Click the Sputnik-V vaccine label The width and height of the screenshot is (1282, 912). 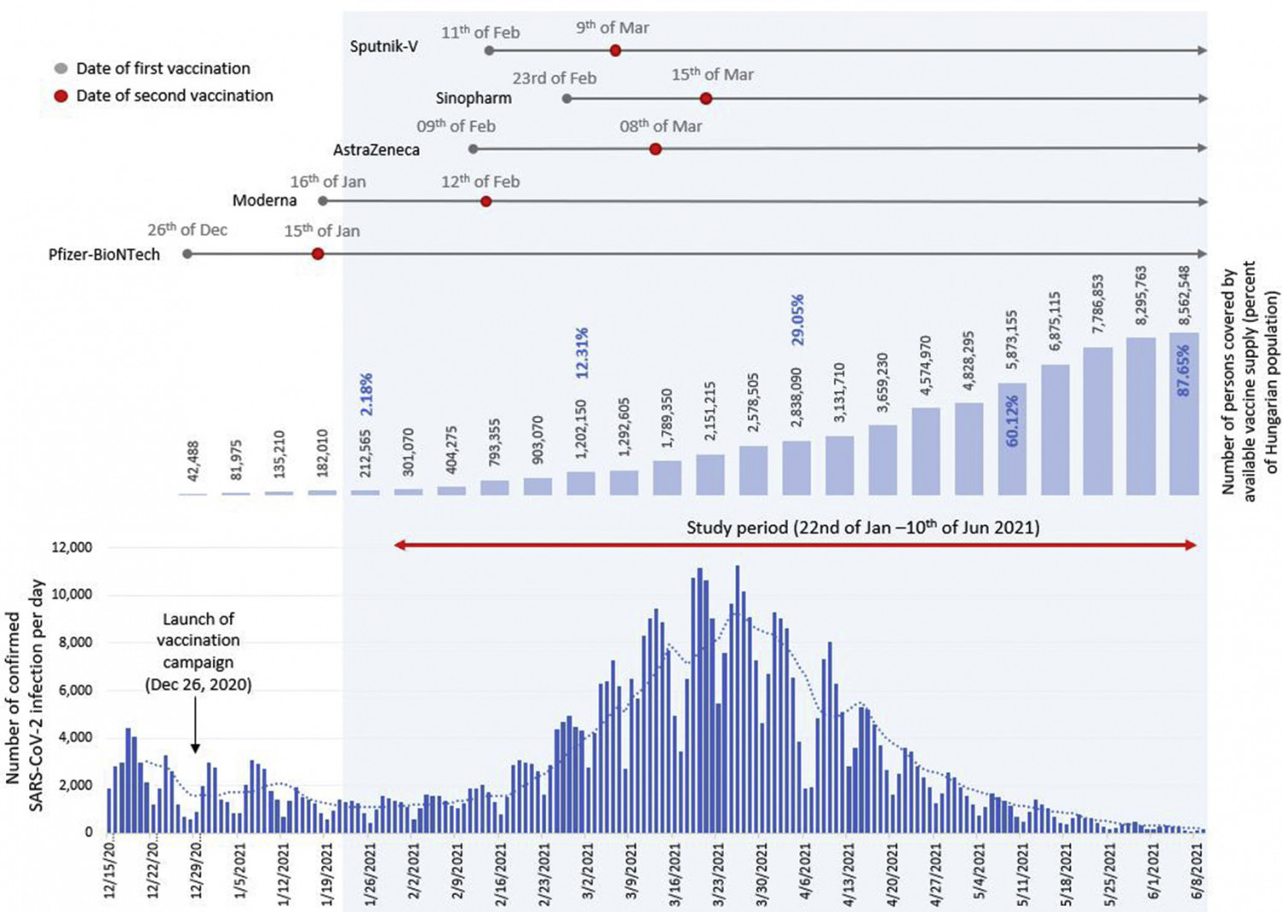pyautogui.click(x=384, y=47)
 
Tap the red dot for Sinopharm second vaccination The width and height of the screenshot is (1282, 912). pyautogui.click(x=705, y=99)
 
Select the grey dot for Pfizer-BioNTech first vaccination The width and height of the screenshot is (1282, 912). pyautogui.click(x=187, y=254)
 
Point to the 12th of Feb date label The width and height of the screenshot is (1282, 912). pyautogui.click(x=480, y=182)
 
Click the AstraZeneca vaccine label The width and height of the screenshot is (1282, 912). pyautogui.click(x=376, y=150)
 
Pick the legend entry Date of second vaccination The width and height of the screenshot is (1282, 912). pyautogui.click(x=174, y=96)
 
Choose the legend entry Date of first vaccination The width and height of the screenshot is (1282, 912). pyautogui.click(x=162, y=68)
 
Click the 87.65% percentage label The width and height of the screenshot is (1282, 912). pyautogui.click(x=1184, y=370)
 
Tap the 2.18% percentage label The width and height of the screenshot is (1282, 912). pyautogui.click(x=366, y=394)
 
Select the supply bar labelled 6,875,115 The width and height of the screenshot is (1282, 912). pyautogui.click(x=1055, y=430)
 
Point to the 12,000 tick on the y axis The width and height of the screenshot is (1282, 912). pyautogui.click(x=72, y=547)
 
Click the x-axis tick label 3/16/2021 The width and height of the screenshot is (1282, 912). pyautogui.click(x=675, y=871)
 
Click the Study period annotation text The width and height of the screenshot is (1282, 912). pyautogui.click(x=862, y=528)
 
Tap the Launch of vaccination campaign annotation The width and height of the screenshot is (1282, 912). pyautogui.click(x=198, y=652)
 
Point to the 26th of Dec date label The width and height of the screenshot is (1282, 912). pyautogui.click(x=187, y=230)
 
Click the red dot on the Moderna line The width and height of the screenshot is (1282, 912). pyautogui.click(x=485, y=202)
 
